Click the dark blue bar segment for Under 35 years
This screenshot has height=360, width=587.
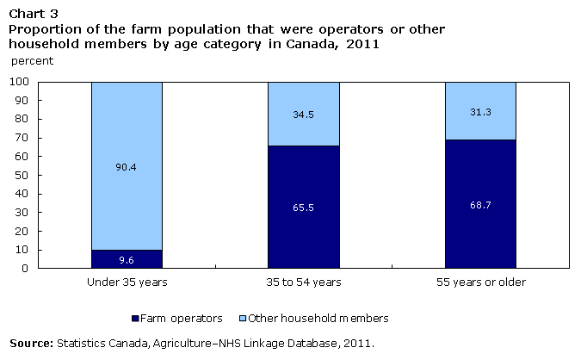(127, 259)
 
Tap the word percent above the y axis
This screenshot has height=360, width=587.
(32, 61)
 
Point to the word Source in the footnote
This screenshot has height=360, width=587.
(31, 343)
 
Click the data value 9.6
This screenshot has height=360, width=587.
(127, 259)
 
